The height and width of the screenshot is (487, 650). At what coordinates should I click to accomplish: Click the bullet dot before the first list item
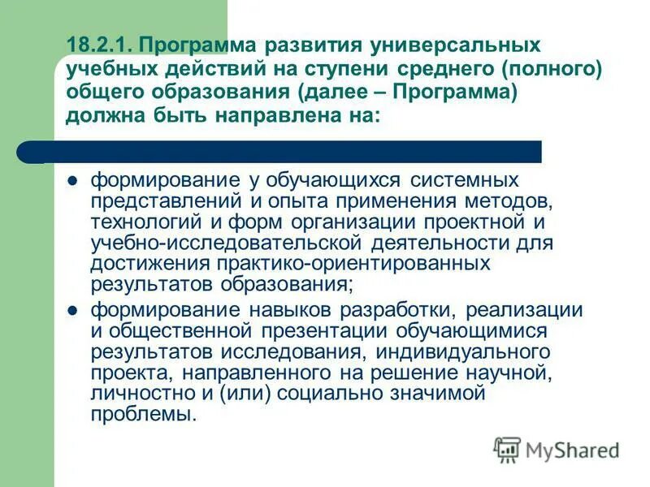pyautogui.click(x=71, y=179)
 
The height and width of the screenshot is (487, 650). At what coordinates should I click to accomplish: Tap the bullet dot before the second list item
pyautogui.click(x=71, y=310)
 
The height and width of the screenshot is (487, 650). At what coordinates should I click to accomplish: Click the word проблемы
pyautogui.click(x=143, y=415)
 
